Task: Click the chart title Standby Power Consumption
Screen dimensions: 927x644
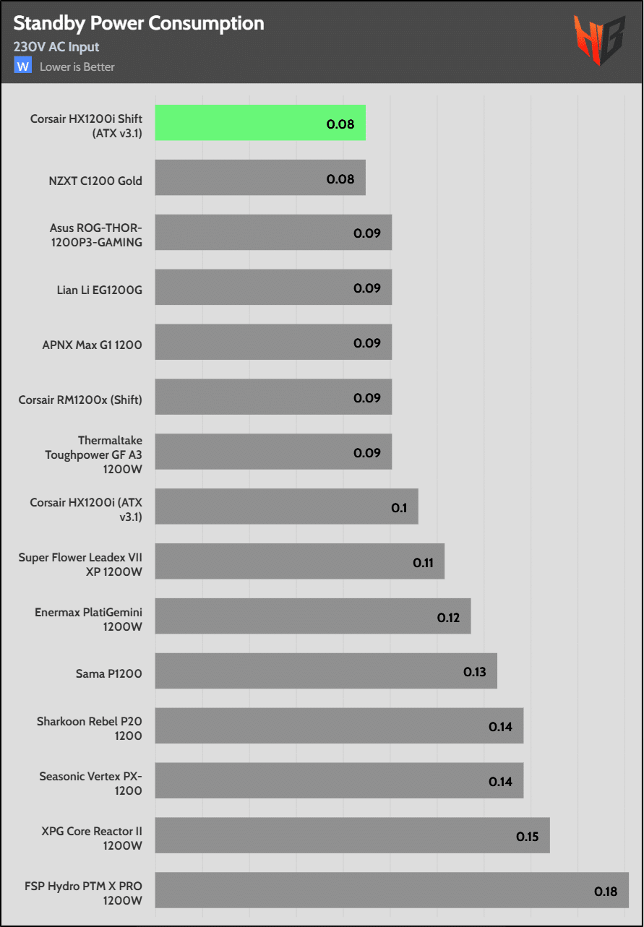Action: click(139, 24)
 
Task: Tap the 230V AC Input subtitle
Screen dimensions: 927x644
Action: click(56, 47)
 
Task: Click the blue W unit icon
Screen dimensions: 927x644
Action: click(23, 66)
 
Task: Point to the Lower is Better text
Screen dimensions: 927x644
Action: click(77, 67)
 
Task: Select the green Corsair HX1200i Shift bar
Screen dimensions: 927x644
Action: click(260, 123)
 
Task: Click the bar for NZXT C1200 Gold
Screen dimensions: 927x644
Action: click(260, 178)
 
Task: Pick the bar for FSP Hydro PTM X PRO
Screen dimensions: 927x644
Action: click(391, 890)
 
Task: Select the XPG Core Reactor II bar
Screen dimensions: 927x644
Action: click(352, 835)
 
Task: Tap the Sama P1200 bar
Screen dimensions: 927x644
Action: click(325, 671)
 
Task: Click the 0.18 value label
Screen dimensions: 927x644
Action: click(606, 891)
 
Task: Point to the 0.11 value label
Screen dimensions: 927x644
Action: click(423, 562)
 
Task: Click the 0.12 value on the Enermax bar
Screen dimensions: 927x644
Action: click(449, 617)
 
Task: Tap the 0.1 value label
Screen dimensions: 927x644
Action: click(399, 508)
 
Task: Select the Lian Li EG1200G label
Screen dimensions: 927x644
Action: click(100, 290)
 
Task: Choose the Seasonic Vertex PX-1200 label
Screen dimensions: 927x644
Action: click(91, 783)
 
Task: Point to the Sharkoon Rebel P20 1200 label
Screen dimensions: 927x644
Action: click(90, 728)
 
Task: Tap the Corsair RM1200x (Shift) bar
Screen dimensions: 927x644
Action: click(273, 397)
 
